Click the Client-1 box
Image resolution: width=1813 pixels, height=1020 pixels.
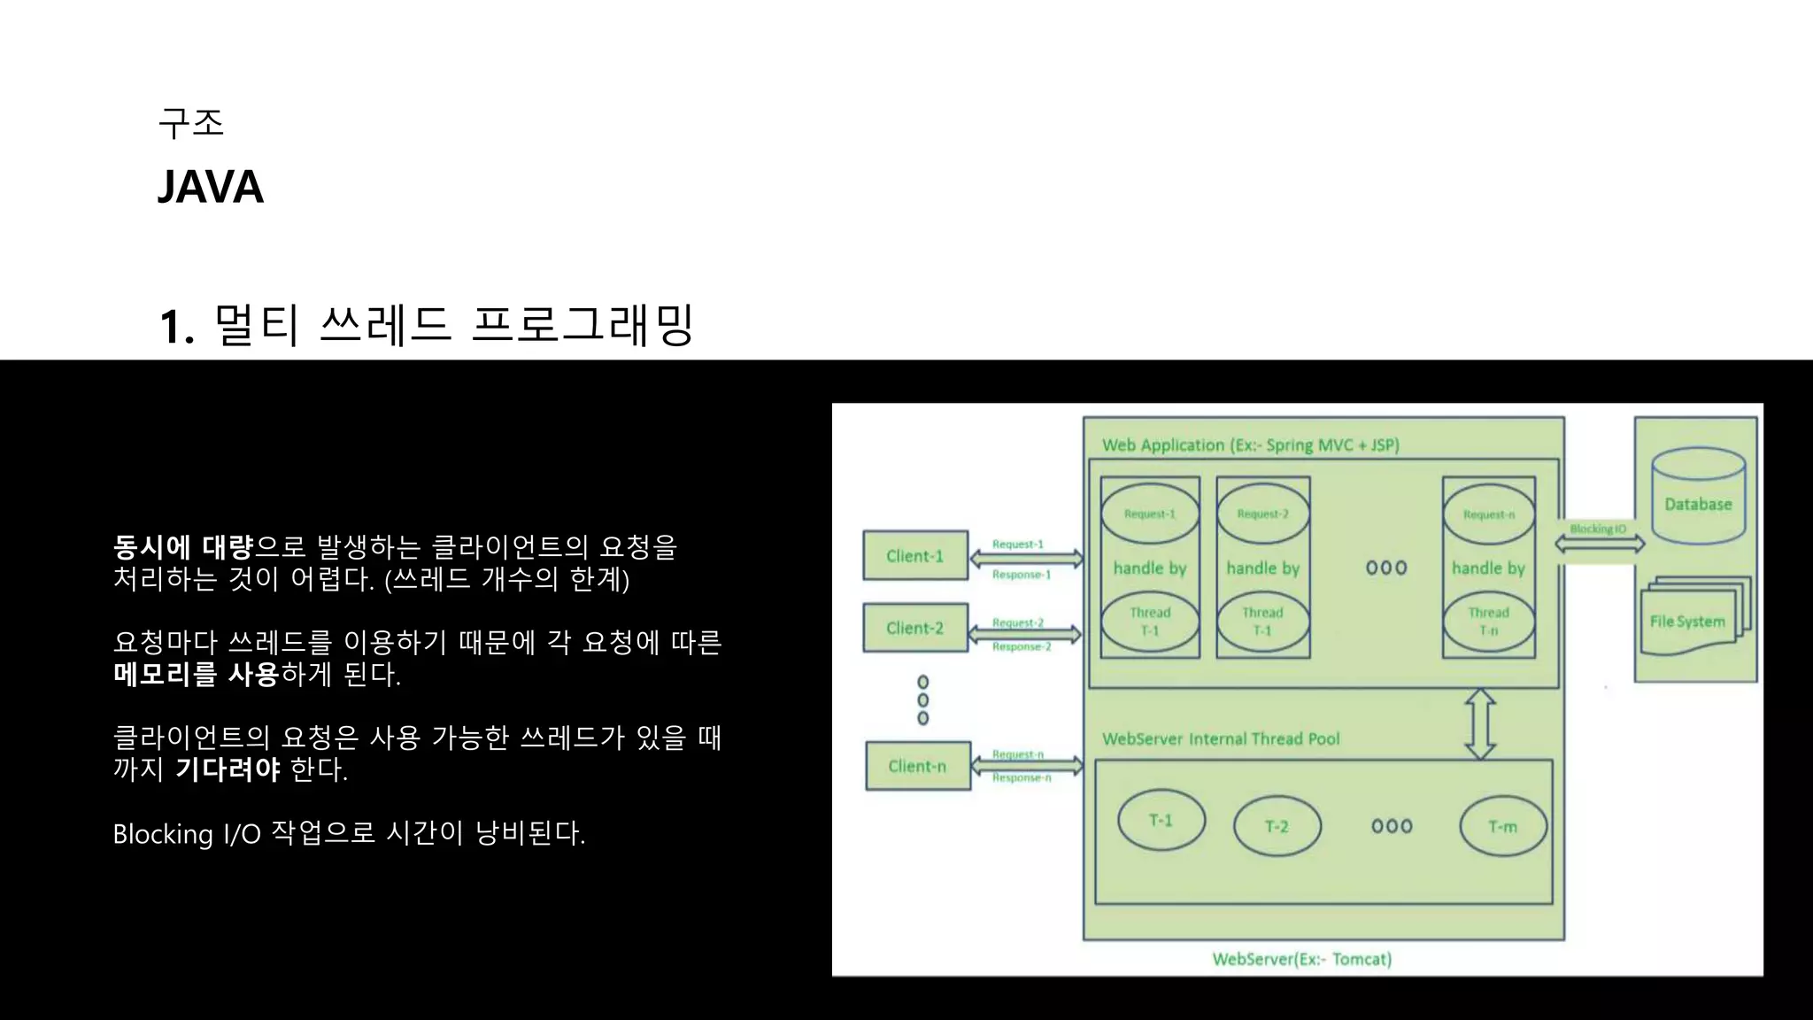pyautogui.click(x=915, y=556)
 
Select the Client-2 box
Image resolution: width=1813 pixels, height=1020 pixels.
pyautogui.click(x=915, y=628)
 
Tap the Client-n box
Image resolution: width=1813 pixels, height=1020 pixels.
pyautogui.click(x=917, y=766)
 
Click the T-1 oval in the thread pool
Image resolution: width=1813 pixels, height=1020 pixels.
pyautogui.click(x=1161, y=821)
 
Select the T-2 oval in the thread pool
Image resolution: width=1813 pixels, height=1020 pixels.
pyautogui.click(x=1277, y=826)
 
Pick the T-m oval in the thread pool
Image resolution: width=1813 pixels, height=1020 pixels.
pyautogui.click(x=1502, y=826)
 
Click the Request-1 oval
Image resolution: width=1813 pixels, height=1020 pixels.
pyautogui.click(x=1149, y=514)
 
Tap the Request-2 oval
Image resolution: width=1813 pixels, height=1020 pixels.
pyautogui.click(x=1262, y=514)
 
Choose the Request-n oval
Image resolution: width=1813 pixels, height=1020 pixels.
pyautogui.click(x=1488, y=514)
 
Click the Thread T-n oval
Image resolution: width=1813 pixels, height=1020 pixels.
pyautogui.click(x=1488, y=622)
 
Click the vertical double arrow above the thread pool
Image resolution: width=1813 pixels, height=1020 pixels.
pyautogui.click(x=1480, y=724)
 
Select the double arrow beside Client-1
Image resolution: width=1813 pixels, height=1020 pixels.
pyautogui.click(x=1026, y=559)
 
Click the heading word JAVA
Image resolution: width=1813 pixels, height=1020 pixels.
pyautogui.click(x=211, y=187)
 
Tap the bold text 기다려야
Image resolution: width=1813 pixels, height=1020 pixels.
pyautogui.click(x=228, y=769)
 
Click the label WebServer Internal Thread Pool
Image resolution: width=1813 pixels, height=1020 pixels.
pyautogui.click(x=1220, y=738)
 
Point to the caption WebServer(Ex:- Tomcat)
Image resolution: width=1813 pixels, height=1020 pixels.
pyautogui.click(x=1301, y=959)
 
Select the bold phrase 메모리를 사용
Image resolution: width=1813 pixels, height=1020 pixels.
pyautogui.click(x=196, y=675)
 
